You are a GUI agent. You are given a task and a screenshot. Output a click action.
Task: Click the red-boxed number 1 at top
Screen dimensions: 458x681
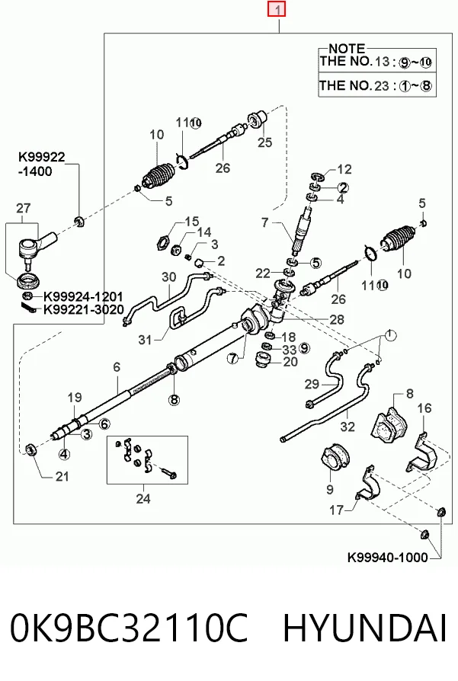point(277,9)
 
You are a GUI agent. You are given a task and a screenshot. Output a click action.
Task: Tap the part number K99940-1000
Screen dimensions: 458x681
point(388,558)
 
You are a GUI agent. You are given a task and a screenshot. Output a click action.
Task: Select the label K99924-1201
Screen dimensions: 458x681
point(82,297)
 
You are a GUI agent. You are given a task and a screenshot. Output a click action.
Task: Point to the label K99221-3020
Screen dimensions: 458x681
point(83,310)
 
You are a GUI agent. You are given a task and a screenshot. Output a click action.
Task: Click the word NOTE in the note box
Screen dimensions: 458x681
point(347,49)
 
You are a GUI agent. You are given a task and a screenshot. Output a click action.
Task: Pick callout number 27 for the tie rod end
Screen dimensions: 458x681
point(24,208)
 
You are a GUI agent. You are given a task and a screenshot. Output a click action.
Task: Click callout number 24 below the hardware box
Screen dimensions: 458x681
point(143,499)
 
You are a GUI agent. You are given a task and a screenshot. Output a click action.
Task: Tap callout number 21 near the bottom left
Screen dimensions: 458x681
point(62,476)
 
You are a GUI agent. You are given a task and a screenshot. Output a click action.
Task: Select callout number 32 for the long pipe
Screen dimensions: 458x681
point(348,427)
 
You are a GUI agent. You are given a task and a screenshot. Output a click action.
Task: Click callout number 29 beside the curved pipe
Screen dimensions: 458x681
point(312,384)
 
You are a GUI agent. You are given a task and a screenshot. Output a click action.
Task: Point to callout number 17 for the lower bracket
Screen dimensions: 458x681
point(336,510)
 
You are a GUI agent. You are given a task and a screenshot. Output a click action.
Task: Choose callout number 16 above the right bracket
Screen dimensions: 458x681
point(424,408)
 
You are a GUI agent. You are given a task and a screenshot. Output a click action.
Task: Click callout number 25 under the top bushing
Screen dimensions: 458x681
point(264,142)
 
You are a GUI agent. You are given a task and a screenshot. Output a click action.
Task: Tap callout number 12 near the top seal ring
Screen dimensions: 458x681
point(344,169)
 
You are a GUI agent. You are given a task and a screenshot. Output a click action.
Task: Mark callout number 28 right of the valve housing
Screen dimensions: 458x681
point(337,320)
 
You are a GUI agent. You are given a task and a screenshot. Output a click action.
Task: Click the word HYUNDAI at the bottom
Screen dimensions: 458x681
point(365,628)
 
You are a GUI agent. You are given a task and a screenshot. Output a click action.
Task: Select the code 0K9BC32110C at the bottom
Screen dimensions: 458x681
point(129,628)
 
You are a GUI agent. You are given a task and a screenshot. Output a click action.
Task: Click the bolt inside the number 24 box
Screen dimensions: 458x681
point(168,472)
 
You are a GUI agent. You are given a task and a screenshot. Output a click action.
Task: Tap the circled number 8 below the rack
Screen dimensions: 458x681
point(174,399)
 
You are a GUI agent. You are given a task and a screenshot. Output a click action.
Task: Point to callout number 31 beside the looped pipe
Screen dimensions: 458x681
point(145,340)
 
